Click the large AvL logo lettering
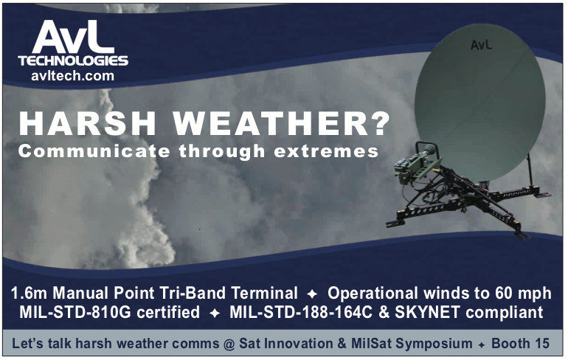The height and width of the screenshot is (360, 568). click(x=72, y=37)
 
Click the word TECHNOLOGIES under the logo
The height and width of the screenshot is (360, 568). click(x=73, y=60)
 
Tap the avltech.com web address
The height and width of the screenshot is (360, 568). click(x=72, y=76)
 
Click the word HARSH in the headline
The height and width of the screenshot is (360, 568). click(x=87, y=123)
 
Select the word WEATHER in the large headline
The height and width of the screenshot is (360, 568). click(x=266, y=123)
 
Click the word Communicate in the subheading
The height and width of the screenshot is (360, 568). click(x=94, y=150)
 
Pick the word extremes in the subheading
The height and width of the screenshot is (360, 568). click(x=326, y=151)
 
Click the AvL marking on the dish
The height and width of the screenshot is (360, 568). click(x=482, y=44)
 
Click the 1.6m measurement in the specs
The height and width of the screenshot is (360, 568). click(x=29, y=293)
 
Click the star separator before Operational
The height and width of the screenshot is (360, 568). click(x=312, y=294)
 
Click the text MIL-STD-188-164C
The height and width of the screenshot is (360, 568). click(x=301, y=312)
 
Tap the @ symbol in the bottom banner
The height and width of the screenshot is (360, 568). click(x=229, y=344)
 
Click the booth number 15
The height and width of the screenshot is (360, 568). click(x=541, y=343)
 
